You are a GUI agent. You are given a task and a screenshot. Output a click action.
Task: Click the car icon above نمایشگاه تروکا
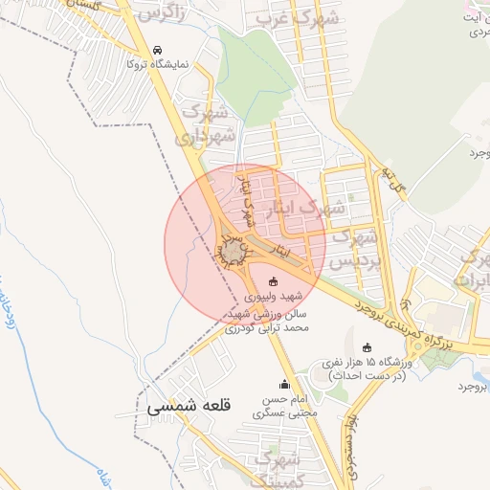click(158, 50)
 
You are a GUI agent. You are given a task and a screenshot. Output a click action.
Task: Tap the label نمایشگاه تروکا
click(158, 64)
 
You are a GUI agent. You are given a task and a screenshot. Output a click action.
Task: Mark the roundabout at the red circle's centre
click(234, 251)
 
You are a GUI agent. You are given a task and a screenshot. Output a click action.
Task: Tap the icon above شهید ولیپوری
click(275, 282)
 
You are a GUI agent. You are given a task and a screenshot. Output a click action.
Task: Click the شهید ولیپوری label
click(275, 298)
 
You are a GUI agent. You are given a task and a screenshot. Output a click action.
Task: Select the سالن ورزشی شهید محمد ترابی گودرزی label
click(268, 321)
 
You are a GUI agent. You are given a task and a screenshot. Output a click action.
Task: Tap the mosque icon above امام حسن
click(283, 385)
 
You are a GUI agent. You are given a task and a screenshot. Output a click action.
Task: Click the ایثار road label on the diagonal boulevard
click(280, 250)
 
